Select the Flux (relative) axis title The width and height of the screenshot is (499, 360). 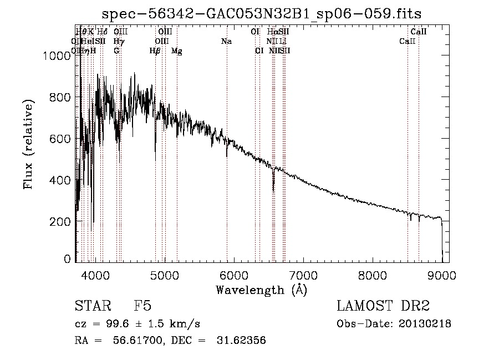(x=28, y=144)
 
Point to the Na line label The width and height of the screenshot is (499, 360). (x=226, y=41)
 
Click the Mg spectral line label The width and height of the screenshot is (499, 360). (x=176, y=50)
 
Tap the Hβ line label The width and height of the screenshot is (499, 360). (x=155, y=50)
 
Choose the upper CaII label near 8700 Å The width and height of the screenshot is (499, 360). (x=419, y=32)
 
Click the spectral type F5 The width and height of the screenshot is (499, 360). (x=142, y=306)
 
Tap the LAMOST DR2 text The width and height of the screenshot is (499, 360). (x=383, y=306)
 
